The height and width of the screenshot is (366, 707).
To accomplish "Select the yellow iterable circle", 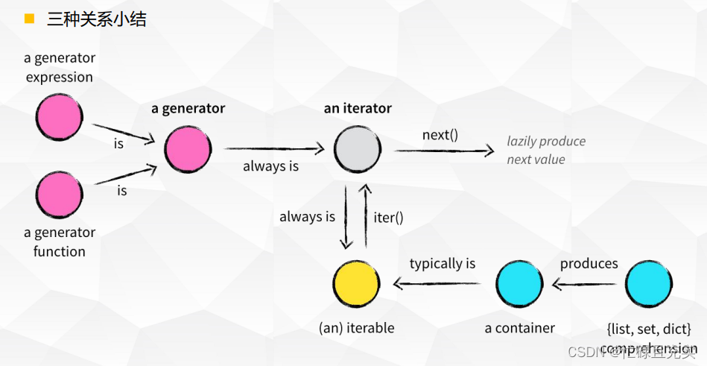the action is click(356, 284).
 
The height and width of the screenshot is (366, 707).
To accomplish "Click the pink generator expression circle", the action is click(60, 117).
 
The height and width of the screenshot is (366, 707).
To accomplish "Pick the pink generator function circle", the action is click(60, 195).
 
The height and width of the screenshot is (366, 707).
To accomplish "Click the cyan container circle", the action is click(520, 284).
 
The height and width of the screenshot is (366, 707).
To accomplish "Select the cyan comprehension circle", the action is click(649, 284).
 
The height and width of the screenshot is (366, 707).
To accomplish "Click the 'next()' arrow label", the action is click(440, 135).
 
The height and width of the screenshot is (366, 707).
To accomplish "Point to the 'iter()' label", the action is click(388, 218).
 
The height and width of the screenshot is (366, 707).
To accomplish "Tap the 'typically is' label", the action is click(443, 263).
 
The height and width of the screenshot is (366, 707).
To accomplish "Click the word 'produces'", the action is click(589, 263).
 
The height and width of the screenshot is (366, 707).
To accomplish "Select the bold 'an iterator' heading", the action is click(358, 108).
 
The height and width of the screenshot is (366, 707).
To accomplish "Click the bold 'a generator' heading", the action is click(188, 108).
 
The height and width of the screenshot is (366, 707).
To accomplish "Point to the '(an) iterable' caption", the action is click(356, 328).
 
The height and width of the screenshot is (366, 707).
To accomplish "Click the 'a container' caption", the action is click(520, 328).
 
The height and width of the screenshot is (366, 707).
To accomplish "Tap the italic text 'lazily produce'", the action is click(546, 141).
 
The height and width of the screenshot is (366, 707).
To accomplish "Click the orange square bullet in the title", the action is click(30, 19).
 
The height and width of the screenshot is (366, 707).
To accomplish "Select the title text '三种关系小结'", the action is click(97, 19).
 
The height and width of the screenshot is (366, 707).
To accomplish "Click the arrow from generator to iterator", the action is click(274, 148).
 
